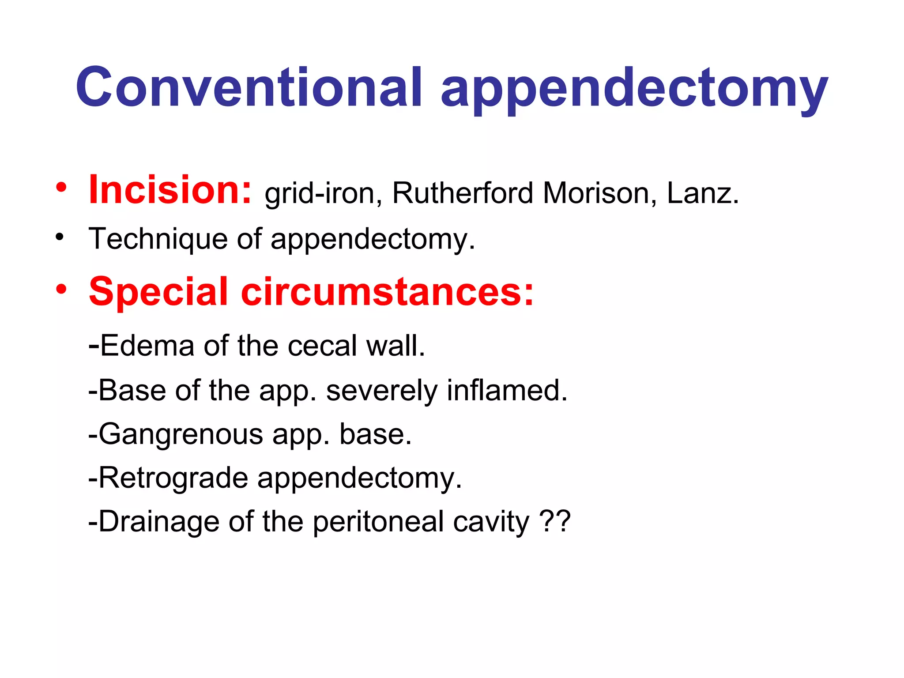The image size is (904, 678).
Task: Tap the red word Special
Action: click(158, 292)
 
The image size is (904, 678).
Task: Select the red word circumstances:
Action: click(387, 292)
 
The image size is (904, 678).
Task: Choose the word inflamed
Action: click(507, 390)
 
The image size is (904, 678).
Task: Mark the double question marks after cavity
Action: click(555, 521)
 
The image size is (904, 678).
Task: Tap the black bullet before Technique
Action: click(60, 237)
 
